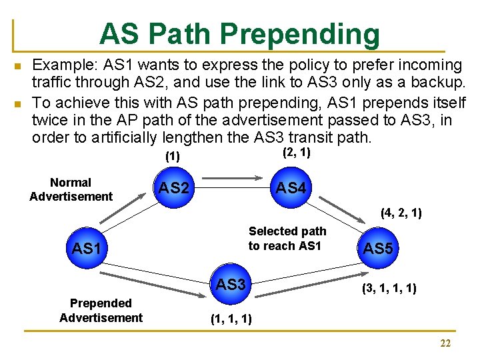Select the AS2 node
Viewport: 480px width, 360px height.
pos(174,188)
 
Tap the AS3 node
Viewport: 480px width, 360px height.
pos(231,285)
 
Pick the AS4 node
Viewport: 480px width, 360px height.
pos(291,188)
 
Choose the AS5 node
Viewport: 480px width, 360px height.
pos(377,249)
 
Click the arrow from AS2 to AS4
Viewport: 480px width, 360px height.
pos(232,178)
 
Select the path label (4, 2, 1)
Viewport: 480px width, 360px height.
pos(401,214)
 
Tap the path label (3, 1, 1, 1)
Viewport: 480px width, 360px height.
pos(389,289)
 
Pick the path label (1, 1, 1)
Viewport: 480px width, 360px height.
pos(231,319)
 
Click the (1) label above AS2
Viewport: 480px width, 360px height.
pos(173,157)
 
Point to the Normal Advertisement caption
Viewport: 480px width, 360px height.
pos(71,189)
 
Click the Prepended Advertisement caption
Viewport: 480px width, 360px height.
pos(101,311)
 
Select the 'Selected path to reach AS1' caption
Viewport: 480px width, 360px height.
pos(287,239)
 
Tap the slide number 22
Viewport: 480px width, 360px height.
pos(445,343)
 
